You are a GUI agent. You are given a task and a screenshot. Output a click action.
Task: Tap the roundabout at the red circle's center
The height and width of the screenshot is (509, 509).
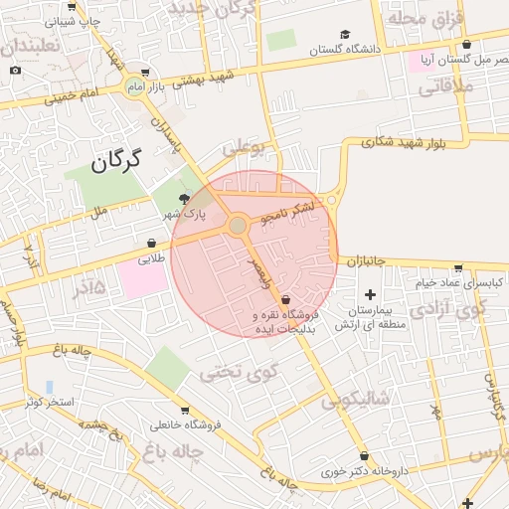(238, 226)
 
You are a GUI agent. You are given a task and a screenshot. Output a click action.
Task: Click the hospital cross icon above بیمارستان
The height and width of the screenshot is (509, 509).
(371, 294)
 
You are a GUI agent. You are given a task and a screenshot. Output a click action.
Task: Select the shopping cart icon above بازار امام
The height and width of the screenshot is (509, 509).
(145, 72)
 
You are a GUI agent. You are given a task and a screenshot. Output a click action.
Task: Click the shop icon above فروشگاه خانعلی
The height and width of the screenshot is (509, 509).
(185, 411)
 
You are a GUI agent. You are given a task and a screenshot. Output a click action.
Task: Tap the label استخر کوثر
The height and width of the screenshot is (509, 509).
(49, 402)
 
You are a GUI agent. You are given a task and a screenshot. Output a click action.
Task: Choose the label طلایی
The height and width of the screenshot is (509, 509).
(149, 257)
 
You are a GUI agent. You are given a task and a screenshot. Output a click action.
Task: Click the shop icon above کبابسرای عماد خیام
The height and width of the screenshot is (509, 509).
(457, 267)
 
